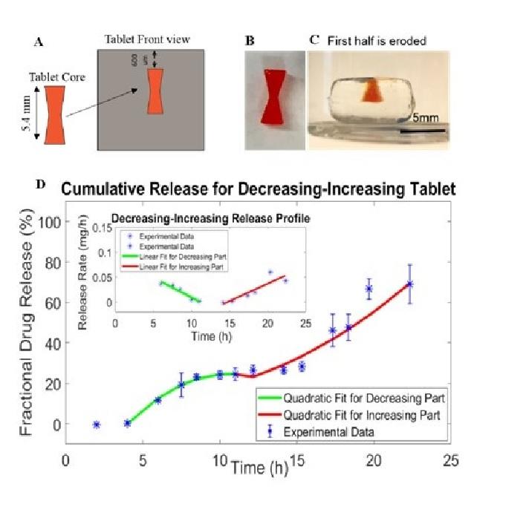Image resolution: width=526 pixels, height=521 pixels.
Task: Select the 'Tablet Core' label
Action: click(56, 76)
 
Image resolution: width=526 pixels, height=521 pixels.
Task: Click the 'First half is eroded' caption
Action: click(377, 42)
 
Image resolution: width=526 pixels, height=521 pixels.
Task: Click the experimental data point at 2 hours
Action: click(97, 425)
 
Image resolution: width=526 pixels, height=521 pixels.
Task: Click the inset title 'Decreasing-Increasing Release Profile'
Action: click(210, 218)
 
